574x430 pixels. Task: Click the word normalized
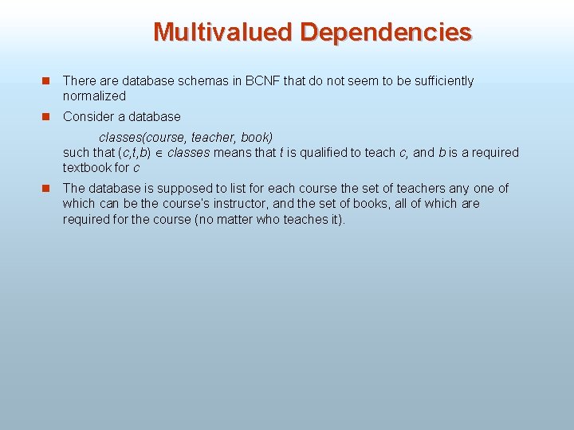point(94,96)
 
